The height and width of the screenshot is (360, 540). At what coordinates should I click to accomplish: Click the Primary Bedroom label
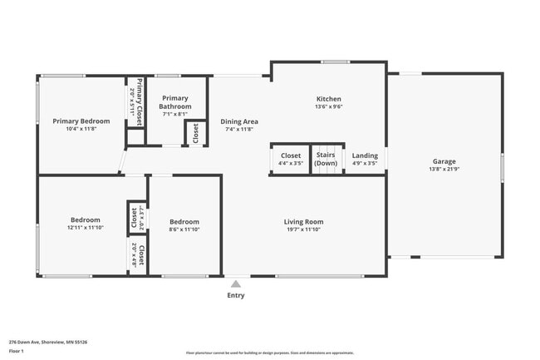tap(81, 121)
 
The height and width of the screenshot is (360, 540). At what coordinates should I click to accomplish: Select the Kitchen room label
tap(329, 98)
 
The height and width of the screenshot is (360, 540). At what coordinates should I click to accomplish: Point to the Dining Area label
tap(239, 122)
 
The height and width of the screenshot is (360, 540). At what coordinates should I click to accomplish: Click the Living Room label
tap(303, 222)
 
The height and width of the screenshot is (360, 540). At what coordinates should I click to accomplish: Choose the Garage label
tap(444, 161)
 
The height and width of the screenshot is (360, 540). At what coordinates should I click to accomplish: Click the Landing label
tap(365, 155)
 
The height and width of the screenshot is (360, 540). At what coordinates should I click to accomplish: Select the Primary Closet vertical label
tap(140, 101)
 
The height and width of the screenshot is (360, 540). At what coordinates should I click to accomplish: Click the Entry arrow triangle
tap(236, 284)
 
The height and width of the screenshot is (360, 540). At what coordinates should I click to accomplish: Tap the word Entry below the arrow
tap(236, 295)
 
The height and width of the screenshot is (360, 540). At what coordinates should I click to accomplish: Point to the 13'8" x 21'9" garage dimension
tap(444, 170)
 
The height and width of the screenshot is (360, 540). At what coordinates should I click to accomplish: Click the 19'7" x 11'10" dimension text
tap(303, 229)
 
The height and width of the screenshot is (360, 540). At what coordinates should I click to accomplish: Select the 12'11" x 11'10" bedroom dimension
tap(85, 228)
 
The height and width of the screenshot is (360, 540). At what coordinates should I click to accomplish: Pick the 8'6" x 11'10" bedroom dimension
tap(184, 229)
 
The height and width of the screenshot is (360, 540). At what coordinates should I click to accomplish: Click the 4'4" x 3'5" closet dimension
tap(291, 164)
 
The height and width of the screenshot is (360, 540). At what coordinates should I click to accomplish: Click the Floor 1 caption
tap(17, 352)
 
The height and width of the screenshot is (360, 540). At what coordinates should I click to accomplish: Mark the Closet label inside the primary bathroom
tap(196, 133)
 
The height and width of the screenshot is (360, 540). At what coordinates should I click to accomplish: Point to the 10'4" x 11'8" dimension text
tap(81, 129)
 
